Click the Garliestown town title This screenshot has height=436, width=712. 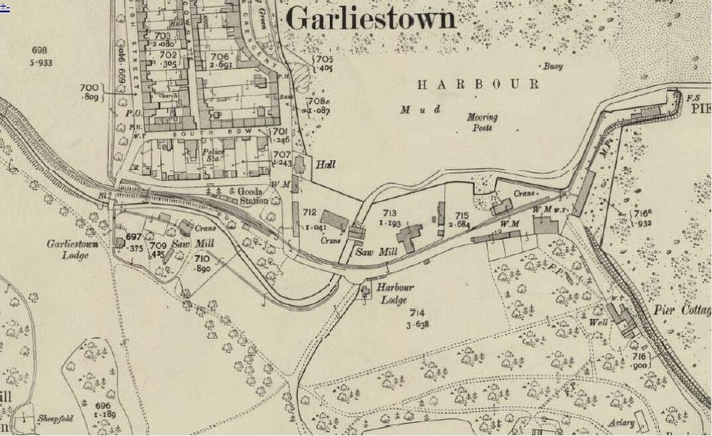coord(370,17)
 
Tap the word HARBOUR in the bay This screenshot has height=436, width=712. coord(478,84)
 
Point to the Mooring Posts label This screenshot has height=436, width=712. coord(482,122)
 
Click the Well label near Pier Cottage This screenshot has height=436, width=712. coord(597,322)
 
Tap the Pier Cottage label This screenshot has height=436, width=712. coord(683,310)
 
